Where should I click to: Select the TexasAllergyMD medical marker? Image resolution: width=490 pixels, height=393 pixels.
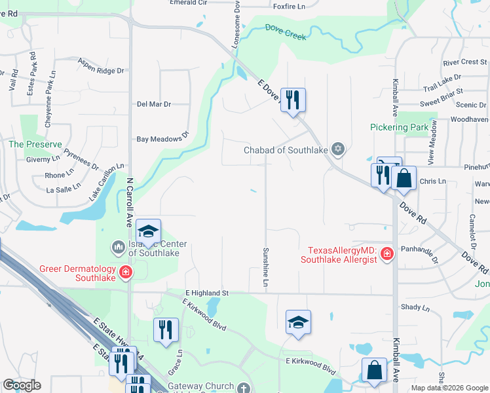point(386,253)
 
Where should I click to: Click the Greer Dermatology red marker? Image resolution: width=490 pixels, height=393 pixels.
point(124,272)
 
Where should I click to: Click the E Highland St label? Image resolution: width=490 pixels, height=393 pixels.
point(206,293)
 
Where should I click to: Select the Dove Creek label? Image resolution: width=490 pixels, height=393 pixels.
point(286,31)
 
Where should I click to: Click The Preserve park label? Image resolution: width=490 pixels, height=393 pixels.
point(35,144)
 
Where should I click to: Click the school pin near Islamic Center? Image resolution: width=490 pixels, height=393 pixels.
point(149,232)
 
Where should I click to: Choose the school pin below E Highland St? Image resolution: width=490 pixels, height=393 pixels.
point(298,322)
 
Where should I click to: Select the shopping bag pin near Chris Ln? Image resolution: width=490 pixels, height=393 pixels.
point(404,178)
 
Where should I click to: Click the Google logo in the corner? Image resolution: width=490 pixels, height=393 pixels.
point(22,385)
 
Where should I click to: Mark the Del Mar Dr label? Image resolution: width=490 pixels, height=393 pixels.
point(154,104)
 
